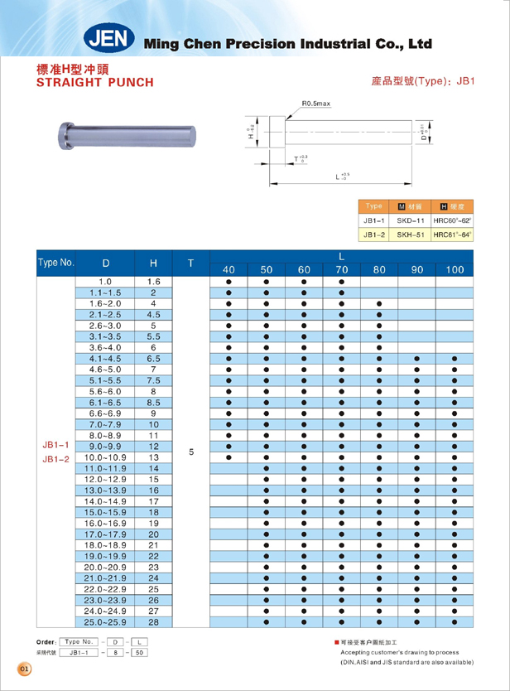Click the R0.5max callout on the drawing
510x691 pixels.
click(316, 104)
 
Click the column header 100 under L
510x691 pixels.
click(455, 270)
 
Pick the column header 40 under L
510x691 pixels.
click(229, 270)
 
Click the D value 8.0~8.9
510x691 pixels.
click(105, 434)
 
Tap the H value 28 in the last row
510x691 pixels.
click(153, 621)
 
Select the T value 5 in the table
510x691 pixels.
click(191, 452)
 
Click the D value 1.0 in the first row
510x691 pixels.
click(105, 283)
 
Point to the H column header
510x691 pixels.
click(153, 263)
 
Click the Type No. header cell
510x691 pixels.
click(56, 263)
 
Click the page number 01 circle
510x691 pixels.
click(24, 668)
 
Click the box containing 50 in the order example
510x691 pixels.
click(140, 653)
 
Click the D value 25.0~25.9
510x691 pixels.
click(105, 621)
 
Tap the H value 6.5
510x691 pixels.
click(153, 359)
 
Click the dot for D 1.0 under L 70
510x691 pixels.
click(341, 283)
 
